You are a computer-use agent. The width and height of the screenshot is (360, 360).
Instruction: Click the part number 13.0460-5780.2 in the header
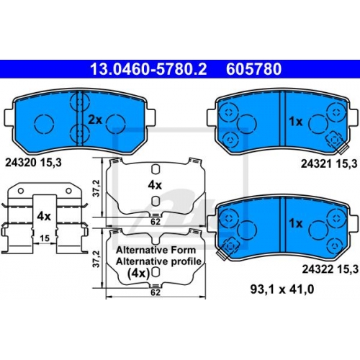(x=148, y=69)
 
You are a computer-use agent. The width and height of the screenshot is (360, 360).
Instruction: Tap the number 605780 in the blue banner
(x=253, y=69)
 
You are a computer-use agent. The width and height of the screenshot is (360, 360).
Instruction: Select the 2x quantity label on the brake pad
(x=95, y=120)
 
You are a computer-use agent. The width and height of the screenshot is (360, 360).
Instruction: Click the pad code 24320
(x=21, y=163)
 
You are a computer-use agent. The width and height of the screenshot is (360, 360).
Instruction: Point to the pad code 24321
(x=316, y=163)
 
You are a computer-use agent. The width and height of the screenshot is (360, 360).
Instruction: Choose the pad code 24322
(x=318, y=269)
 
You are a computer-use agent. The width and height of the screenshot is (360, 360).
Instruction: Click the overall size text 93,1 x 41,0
(x=282, y=289)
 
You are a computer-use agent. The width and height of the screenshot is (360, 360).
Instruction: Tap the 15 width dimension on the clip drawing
(x=45, y=238)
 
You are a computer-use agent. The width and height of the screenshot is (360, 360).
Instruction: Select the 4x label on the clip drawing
(x=44, y=216)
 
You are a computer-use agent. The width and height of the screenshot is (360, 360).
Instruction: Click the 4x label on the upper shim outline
(x=155, y=185)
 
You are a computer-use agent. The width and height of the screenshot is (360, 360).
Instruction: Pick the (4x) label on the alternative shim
(x=138, y=273)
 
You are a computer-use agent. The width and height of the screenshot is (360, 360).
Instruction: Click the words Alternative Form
(x=156, y=250)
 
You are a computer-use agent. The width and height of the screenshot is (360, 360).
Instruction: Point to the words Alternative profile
(x=158, y=261)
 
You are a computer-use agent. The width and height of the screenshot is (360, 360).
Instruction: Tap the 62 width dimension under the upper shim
(x=156, y=222)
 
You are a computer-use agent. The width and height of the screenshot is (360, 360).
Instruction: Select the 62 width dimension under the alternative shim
(x=156, y=292)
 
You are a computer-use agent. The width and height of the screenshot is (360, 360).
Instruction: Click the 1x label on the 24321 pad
(x=296, y=122)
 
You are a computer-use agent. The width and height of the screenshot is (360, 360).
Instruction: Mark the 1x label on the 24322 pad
(x=296, y=223)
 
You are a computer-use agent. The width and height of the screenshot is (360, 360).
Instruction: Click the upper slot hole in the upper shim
(x=156, y=169)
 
